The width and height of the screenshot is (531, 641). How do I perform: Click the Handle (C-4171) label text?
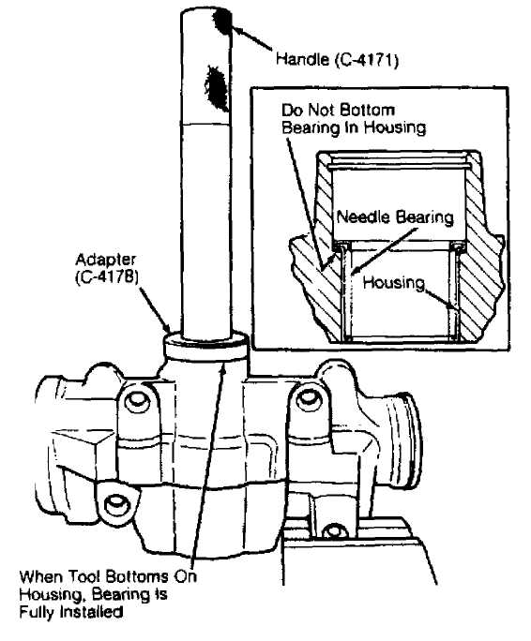(x=337, y=60)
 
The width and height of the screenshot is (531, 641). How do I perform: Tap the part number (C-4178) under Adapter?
(x=107, y=276)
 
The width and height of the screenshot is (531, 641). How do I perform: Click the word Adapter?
(x=106, y=260)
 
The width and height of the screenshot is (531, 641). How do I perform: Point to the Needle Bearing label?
(x=395, y=217)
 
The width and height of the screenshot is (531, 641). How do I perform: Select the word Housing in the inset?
(x=393, y=282)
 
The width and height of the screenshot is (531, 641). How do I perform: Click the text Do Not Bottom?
(x=338, y=110)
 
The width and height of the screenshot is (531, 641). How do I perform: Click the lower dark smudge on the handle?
(x=216, y=87)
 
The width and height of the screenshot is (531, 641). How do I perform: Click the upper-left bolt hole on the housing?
(x=137, y=402)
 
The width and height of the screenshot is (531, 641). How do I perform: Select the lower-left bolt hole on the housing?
(x=116, y=506)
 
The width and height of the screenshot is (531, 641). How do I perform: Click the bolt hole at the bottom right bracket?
(x=334, y=531)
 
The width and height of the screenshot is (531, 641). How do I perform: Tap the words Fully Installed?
(x=71, y=612)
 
